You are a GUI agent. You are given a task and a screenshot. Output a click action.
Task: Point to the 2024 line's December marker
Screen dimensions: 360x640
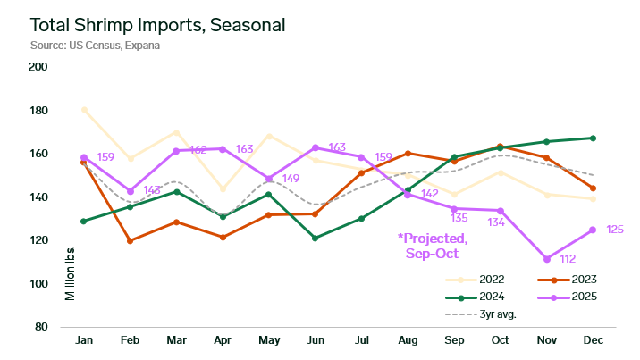(593, 138)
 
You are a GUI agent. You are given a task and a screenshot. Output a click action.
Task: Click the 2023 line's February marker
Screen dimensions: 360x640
(131, 241)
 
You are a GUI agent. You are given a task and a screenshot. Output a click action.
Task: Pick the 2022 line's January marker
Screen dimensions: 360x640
(84, 110)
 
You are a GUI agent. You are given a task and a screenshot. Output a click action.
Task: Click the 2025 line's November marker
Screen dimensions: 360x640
(546, 259)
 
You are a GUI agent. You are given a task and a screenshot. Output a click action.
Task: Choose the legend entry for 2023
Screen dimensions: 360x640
(567, 278)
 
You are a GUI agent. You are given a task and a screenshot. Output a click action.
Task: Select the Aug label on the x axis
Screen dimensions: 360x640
(408, 340)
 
